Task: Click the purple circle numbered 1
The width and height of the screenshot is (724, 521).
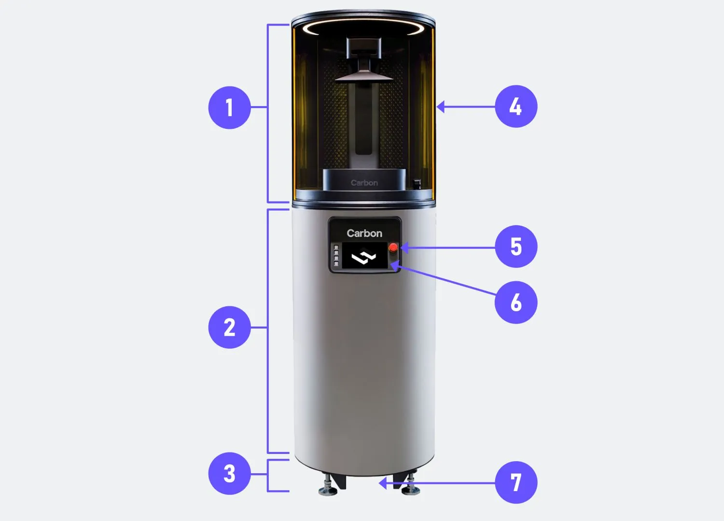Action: [229, 108]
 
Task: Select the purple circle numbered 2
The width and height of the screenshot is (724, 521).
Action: [229, 327]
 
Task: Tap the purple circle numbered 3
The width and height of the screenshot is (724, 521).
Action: [229, 474]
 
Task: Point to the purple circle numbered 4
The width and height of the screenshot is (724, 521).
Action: [516, 106]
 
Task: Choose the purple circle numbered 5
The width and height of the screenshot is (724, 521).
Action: [516, 247]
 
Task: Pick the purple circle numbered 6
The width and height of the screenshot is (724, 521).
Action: [516, 302]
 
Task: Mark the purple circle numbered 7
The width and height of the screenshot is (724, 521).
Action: [516, 482]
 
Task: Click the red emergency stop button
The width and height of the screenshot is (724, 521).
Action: [393, 247]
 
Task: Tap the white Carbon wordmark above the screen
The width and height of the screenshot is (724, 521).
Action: [364, 233]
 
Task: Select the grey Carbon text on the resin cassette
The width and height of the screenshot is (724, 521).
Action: [364, 183]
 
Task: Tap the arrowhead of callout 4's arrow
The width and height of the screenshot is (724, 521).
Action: [440, 107]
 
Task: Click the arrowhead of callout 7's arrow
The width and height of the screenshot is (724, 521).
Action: [383, 483]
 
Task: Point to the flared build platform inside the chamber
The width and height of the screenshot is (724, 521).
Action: [363, 76]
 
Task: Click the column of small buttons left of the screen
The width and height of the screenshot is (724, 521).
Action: [336, 256]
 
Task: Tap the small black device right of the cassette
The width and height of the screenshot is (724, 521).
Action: [418, 184]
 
